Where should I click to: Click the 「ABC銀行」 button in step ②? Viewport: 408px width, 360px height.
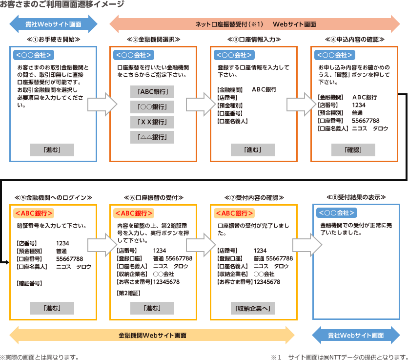click(x=152, y=92)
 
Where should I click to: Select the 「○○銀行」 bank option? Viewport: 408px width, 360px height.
click(x=152, y=107)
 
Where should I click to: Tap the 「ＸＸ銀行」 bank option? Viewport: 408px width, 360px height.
click(x=152, y=122)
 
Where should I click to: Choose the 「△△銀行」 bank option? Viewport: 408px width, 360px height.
click(x=152, y=137)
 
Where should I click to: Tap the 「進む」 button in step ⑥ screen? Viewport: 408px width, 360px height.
click(x=152, y=308)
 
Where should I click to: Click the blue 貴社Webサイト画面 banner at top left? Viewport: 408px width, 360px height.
click(x=53, y=24)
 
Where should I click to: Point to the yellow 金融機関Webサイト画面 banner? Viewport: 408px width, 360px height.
click(x=152, y=336)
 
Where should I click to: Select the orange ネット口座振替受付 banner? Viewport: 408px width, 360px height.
click(x=256, y=24)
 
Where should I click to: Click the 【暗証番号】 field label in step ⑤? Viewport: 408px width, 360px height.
click(x=29, y=283)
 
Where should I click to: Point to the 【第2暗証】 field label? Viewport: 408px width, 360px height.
click(x=129, y=293)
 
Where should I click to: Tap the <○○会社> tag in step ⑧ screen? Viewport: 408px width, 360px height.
click(x=336, y=212)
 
